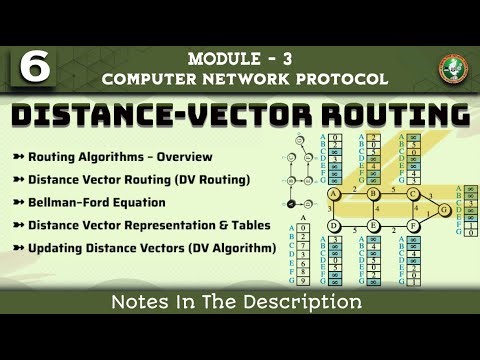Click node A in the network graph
pos(333,193)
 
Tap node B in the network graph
pos(372,193)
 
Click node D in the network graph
pos(333,226)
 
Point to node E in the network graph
pos(372,226)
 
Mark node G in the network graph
pos(445,210)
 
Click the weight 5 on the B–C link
pos(392,187)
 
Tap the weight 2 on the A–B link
pos(353,187)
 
